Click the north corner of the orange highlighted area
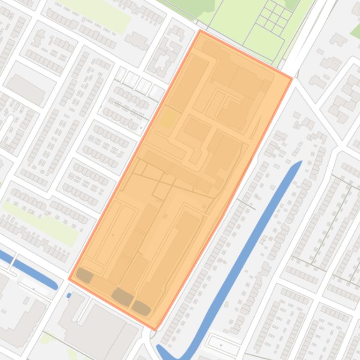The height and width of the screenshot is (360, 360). tap(201, 31)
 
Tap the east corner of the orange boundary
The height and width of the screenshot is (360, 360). tap(292, 79)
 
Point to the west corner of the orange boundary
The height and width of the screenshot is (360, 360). tap(69, 279)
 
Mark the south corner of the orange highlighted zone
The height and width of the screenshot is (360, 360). tap(155, 329)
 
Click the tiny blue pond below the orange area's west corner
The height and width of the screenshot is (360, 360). tap(69, 295)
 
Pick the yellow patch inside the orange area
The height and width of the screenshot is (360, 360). tap(168, 119)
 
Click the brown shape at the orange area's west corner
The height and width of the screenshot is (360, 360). tap(85, 275)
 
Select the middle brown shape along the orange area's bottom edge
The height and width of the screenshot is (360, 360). tap(123, 296)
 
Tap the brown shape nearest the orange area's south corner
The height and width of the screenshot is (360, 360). tap(141, 307)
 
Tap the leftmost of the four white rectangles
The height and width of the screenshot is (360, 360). tap(121, 73)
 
